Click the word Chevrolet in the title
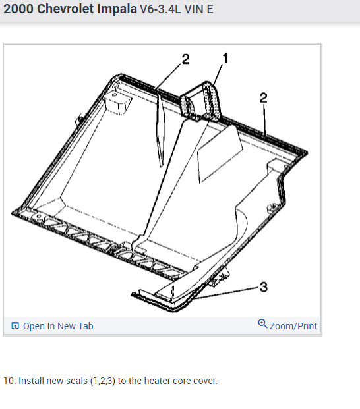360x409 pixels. click(65, 9)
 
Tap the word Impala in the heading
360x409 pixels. click(117, 9)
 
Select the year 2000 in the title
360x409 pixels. click(18, 9)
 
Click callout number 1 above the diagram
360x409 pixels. click(225, 58)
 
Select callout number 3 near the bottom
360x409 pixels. click(264, 287)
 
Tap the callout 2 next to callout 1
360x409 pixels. click(186, 59)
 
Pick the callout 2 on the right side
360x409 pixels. click(264, 98)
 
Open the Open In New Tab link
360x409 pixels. click(58, 326)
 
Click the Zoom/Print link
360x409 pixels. click(293, 326)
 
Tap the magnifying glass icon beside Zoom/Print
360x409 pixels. click(262, 323)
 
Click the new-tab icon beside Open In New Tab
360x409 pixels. click(15, 325)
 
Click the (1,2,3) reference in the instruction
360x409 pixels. click(103, 381)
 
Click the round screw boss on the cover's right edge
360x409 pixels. click(272, 207)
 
